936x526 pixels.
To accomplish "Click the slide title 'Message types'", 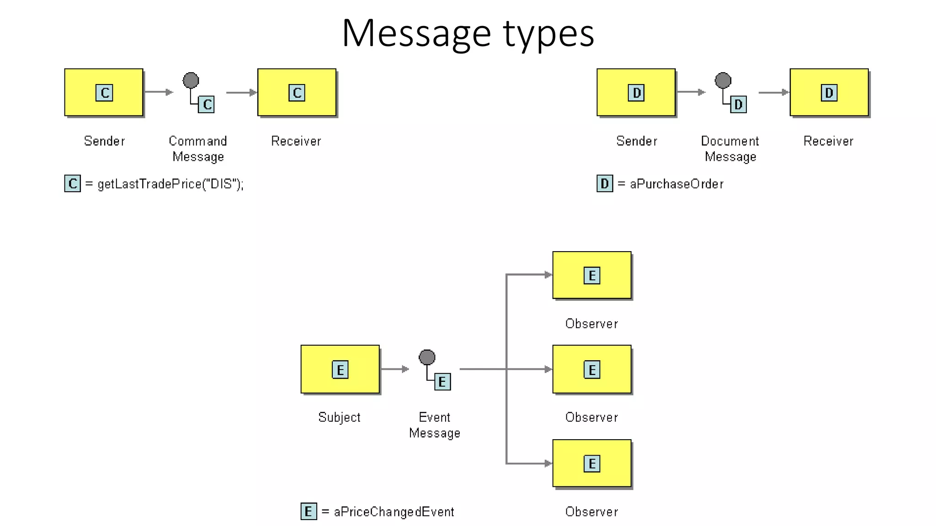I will [x=468, y=33].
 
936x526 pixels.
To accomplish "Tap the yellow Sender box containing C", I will [x=104, y=92].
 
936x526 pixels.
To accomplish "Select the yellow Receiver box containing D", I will [x=829, y=92].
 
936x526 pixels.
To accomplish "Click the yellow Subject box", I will [x=340, y=369].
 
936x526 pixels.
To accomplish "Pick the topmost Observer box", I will [x=591, y=275].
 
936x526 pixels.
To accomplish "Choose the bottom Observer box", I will [x=591, y=463].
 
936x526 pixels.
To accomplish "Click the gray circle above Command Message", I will [x=191, y=80].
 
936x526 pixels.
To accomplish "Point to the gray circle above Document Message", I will [x=723, y=80].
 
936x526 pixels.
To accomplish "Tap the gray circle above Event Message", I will [x=427, y=357].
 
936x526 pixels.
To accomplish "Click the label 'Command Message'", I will [x=198, y=149].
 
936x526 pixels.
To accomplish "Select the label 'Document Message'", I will [x=730, y=149].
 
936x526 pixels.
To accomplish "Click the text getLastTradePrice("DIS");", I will [x=170, y=184].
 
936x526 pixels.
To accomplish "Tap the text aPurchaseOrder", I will [x=676, y=184].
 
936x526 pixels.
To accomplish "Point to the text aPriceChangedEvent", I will [x=394, y=512].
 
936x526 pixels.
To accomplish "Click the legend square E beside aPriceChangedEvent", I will [x=308, y=511].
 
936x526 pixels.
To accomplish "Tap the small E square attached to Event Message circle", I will [x=442, y=382].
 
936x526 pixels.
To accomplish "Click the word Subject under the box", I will [x=339, y=417].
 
